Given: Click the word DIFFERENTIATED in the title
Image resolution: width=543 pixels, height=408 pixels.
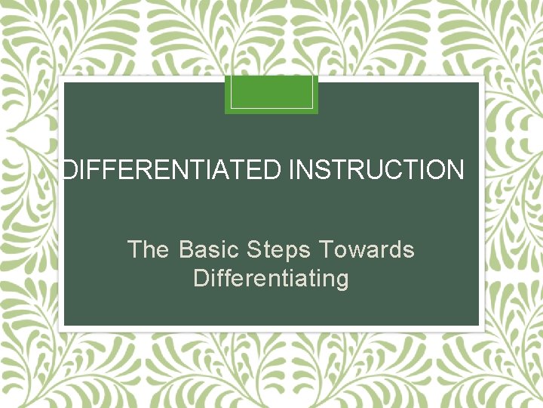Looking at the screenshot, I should point(171,170).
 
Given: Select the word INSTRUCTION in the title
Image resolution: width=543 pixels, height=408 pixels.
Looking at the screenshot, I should point(376,170).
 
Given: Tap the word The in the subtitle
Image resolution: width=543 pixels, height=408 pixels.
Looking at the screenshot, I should point(149,249).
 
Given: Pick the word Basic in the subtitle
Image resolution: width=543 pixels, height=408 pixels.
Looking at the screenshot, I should point(209,249).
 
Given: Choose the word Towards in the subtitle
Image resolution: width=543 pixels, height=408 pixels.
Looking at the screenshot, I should point(367,249).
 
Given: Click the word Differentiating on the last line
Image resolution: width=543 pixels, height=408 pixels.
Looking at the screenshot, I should point(271,279).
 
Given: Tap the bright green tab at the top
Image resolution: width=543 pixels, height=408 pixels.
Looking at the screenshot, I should point(271,94).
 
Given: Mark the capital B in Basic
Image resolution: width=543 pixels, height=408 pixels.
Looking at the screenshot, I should point(186,249).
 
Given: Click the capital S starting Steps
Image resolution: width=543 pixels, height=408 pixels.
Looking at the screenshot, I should point(253,249).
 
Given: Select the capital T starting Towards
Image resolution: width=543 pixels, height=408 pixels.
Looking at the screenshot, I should point(326,249).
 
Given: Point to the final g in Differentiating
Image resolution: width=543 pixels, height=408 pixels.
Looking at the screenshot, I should point(342,280).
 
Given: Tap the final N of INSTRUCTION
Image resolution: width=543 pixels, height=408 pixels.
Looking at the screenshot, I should point(455,170).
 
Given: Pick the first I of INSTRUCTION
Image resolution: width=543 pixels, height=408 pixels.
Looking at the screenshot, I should point(291,170).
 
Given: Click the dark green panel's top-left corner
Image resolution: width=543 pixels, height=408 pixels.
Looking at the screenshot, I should point(66,83).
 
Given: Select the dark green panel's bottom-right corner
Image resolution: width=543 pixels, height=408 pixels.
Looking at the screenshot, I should point(478,325).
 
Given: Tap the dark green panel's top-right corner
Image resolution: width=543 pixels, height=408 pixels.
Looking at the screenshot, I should point(478,83).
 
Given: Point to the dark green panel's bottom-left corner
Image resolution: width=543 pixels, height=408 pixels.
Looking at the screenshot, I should point(66,325).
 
